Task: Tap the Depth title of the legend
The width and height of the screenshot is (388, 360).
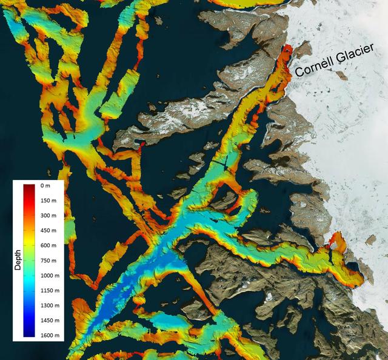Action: (18, 260)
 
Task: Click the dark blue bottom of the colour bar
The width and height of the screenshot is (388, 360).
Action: (30, 333)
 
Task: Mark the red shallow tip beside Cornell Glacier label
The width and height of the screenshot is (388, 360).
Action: (287, 51)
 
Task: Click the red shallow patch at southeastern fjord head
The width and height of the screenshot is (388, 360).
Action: (333, 245)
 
